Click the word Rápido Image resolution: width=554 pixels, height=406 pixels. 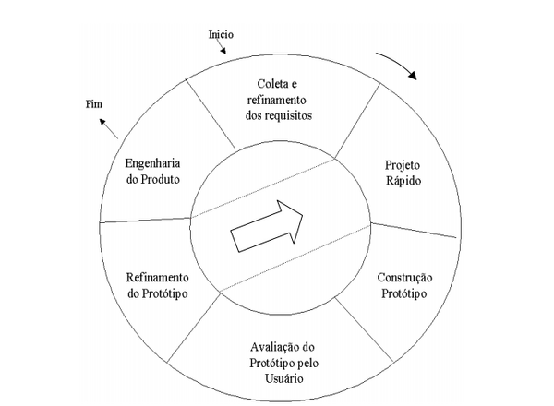point(403,181)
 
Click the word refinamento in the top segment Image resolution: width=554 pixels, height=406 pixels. point(277,101)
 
